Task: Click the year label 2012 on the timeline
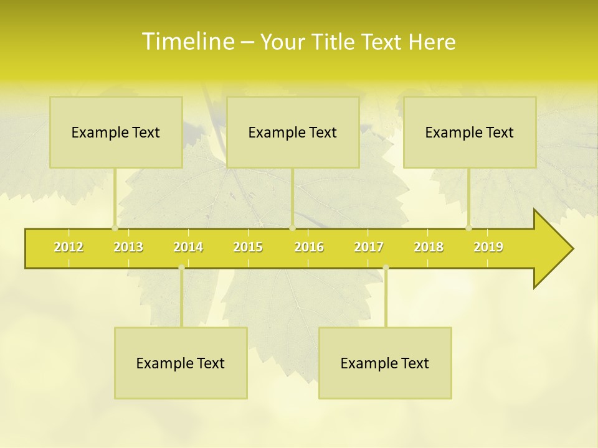tap(69, 247)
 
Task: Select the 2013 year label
tap(128, 247)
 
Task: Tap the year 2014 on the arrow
tap(188, 247)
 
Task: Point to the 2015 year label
tap(248, 247)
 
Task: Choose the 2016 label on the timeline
tap(309, 247)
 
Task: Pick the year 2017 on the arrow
tap(369, 247)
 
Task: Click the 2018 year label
tap(429, 247)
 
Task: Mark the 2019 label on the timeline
tap(488, 247)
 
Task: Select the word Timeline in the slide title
tap(187, 42)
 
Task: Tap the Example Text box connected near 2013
tap(116, 132)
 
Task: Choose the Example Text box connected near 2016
tap(293, 132)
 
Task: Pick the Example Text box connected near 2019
tap(470, 132)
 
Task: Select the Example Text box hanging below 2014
tap(181, 363)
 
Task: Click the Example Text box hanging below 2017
tap(385, 363)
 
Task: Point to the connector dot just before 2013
tap(115, 228)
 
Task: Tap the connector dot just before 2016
tap(292, 228)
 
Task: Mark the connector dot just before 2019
tap(469, 228)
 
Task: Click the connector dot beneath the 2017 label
tap(386, 268)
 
